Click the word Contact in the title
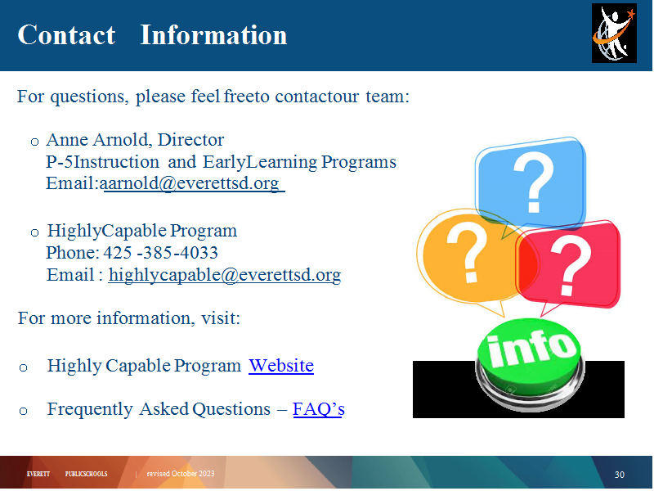point(66,34)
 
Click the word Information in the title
point(213,34)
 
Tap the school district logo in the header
point(614,34)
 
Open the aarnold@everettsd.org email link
point(192,183)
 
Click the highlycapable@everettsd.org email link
point(225,275)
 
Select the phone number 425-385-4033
point(160,253)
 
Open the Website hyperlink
point(281,366)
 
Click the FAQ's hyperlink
point(319,409)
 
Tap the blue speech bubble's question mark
point(534,182)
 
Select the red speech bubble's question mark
point(571,264)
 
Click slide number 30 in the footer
point(620,475)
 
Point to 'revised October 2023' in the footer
point(181,474)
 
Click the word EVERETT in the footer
point(38,474)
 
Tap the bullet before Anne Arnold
point(34,142)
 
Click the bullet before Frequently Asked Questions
point(24,412)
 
